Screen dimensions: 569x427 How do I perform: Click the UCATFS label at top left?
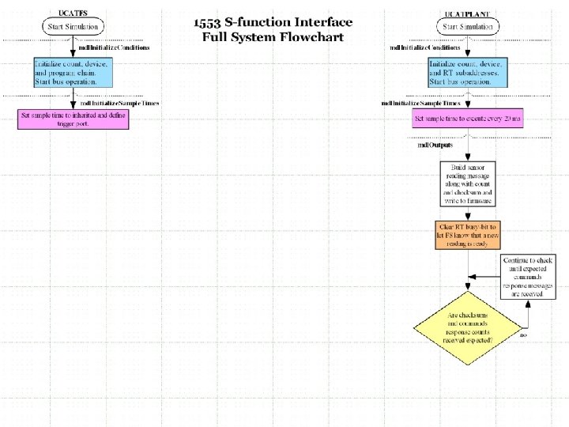click(73, 13)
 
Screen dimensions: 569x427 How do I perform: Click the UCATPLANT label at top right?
click(467, 13)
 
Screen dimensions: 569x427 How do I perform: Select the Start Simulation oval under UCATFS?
click(73, 27)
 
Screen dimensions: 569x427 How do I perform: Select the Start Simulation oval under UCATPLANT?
click(467, 27)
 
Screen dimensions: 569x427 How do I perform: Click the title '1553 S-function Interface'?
click(273, 22)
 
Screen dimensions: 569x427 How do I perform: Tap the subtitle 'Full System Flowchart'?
click(273, 36)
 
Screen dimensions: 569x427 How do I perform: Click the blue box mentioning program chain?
click(73, 72)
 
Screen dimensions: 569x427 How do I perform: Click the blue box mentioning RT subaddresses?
click(467, 72)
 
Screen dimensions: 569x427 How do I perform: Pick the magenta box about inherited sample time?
click(73, 119)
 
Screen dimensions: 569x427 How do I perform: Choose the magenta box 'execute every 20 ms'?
click(467, 119)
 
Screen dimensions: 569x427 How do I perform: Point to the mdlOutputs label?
click(435, 145)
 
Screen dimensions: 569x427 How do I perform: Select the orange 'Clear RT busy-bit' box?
click(467, 235)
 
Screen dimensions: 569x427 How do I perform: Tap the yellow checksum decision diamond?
click(467, 327)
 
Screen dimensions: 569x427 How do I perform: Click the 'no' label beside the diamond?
click(523, 335)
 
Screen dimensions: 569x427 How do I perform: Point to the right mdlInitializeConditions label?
click(425, 47)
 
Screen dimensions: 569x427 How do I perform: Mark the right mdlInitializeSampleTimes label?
click(420, 104)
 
